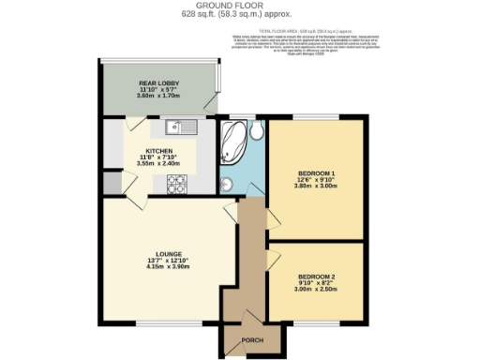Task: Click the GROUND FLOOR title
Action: click(240, 6)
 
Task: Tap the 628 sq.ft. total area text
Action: click(240, 15)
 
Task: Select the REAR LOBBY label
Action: click(159, 82)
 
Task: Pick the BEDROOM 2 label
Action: click(315, 277)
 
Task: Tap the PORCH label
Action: click(251, 340)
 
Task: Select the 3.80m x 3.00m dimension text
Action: click(312, 186)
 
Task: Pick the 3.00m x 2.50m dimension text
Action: click(315, 291)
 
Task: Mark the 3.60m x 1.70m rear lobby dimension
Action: click(159, 96)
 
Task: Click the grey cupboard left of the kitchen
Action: click(112, 184)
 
